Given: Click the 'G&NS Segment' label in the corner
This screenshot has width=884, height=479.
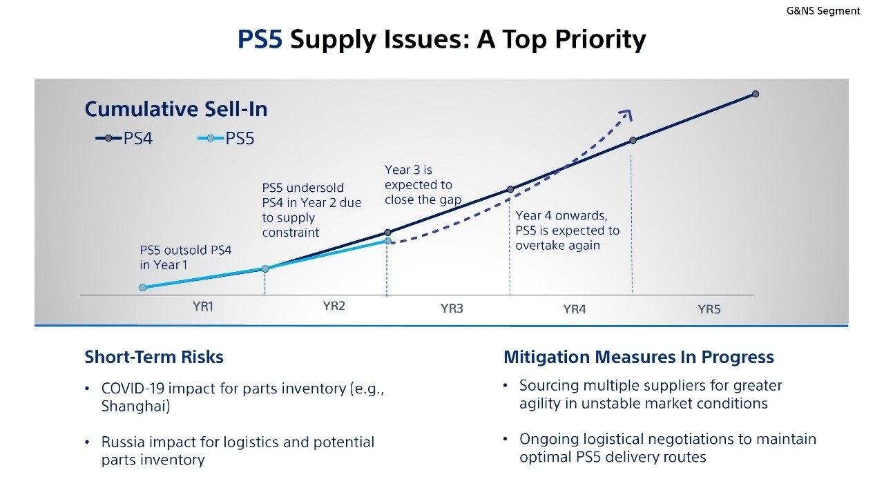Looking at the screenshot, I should click(x=823, y=10).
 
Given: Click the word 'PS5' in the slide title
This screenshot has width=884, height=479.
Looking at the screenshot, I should click(x=260, y=39).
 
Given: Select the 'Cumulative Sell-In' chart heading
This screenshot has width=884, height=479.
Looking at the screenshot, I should click(x=175, y=109).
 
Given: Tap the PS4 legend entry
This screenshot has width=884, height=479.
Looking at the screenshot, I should click(x=124, y=139).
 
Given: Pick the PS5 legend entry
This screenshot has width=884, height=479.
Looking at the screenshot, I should click(x=226, y=139).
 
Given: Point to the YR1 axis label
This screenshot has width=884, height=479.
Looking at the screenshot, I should click(x=202, y=306).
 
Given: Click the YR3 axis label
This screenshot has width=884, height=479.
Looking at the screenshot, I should click(x=452, y=309).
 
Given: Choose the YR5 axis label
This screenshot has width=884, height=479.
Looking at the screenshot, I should click(x=709, y=309).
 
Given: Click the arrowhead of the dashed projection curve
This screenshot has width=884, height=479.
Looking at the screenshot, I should click(x=626, y=114).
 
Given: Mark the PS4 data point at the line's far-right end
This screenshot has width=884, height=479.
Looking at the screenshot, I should click(x=756, y=94).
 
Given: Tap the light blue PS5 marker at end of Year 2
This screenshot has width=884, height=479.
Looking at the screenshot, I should click(x=387, y=242).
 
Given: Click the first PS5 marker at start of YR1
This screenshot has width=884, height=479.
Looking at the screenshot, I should click(x=142, y=287).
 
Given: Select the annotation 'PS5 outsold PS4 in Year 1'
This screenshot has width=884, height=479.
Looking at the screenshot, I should click(x=186, y=257).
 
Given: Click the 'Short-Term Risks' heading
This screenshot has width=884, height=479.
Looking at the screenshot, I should click(x=154, y=357).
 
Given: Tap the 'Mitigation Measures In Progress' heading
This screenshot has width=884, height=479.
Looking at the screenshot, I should click(x=638, y=357).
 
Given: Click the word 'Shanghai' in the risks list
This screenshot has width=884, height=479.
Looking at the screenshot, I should click(x=135, y=407).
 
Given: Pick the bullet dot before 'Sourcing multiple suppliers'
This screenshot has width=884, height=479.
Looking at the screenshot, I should click(x=506, y=385).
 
